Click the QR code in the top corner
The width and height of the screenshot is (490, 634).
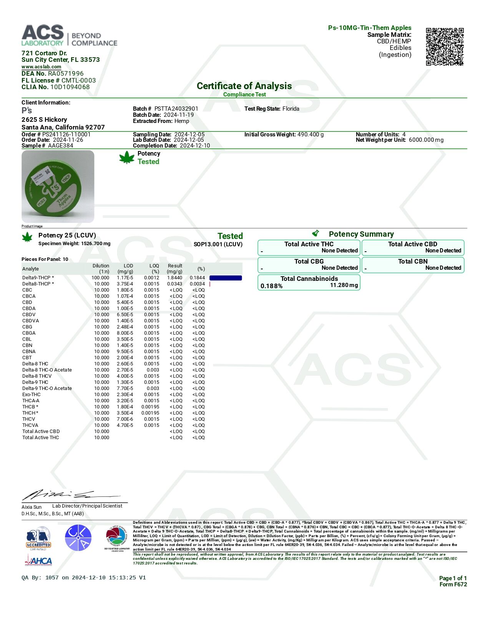coord(445,46)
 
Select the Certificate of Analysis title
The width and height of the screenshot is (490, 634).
coord(244,86)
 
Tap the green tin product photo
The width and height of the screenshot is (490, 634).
coord(58,186)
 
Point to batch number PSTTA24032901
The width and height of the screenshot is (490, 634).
coord(176,109)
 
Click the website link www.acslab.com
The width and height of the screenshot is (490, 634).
coord(41,67)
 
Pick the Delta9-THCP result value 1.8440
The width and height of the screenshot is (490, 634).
coord(174,278)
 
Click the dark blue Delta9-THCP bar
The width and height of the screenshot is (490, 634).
coord(226,278)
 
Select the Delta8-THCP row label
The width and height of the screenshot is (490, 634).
coord(38,284)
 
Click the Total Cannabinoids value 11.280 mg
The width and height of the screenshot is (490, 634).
coord(344,285)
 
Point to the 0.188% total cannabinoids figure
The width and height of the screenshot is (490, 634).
coord(271,286)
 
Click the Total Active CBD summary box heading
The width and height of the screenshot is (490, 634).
coord(412,244)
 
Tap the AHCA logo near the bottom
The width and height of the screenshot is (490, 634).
coord(38,561)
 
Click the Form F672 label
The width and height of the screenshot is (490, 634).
coord(453,584)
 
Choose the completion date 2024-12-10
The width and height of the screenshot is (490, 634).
coord(195,146)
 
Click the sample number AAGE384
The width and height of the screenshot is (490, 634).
coord(60,146)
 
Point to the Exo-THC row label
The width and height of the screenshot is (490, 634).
coord(31,395)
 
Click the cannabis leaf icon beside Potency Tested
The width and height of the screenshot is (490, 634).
coord(127,158)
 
